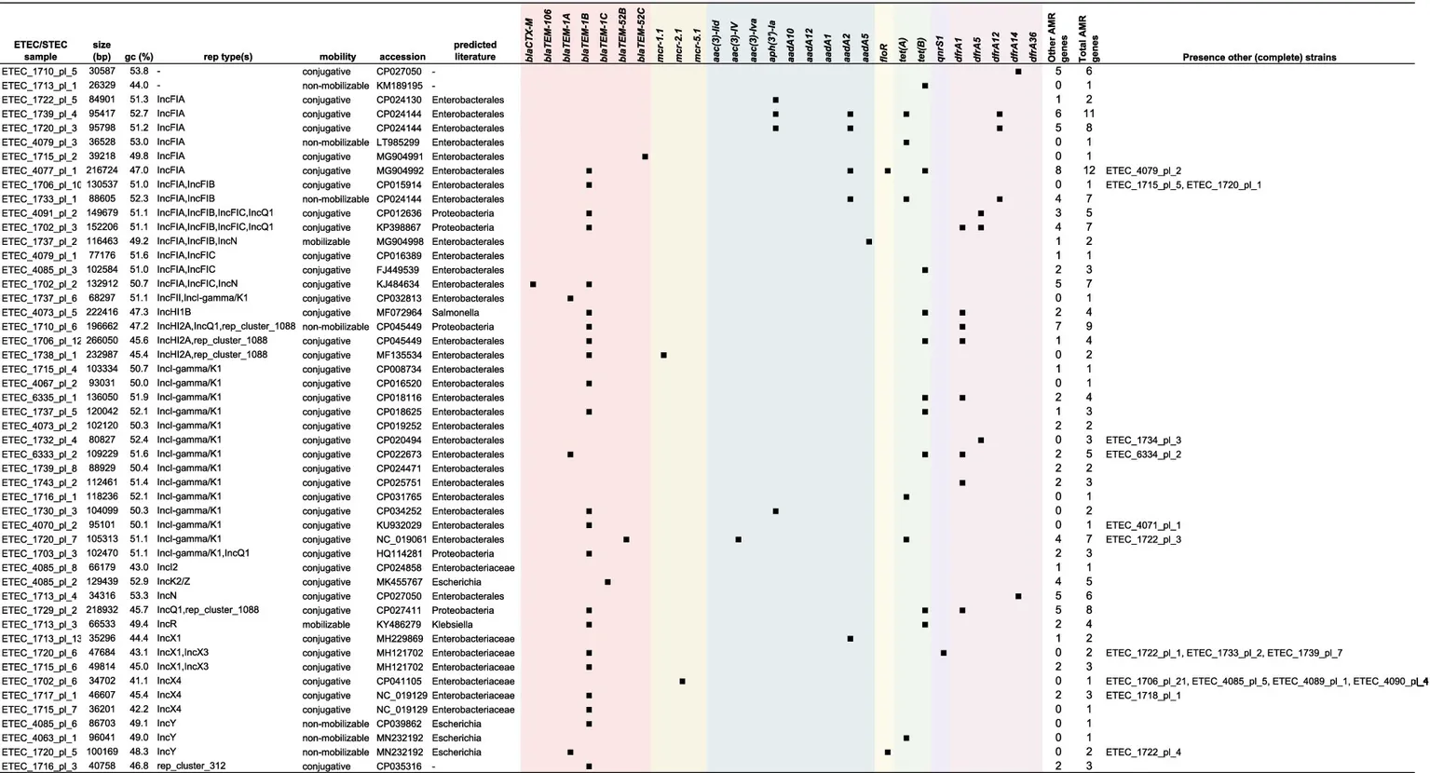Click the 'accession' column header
(x=402, y=57)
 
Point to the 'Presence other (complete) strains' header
(x=1259, y=57)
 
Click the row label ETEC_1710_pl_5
(x=38, y=72)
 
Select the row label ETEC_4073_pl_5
(x=38, y=313)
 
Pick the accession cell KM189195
(x=400, y=86)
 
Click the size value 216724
(x=102, y=171)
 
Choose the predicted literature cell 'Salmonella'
(x=454, y=313)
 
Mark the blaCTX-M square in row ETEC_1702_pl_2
(x=533, y=284)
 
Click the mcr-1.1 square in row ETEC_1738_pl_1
(x=663, y=355)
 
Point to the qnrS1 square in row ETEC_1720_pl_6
(x=944, y=653)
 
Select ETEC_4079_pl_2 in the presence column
(x=1143, y=171)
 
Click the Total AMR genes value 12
(x=1088, y=171)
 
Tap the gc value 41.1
(x=141, y=682)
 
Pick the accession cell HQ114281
(x=400, y=554)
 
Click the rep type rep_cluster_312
(x=191, y=766)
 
